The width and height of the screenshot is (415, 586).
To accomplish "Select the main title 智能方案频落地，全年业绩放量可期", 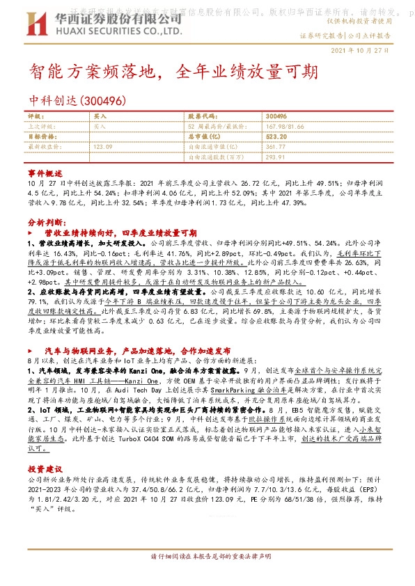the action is (x=174, y=72).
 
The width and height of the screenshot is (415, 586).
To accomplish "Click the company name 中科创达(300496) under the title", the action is (x=76, y=101).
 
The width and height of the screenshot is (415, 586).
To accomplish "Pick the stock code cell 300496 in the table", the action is (x=276, y=117).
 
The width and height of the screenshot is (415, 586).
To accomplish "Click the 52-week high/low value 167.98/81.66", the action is (x=285, y=127).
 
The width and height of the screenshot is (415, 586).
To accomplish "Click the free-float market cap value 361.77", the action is (x=276, y=147).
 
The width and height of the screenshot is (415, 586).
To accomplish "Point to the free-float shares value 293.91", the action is (x=276, y=157).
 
